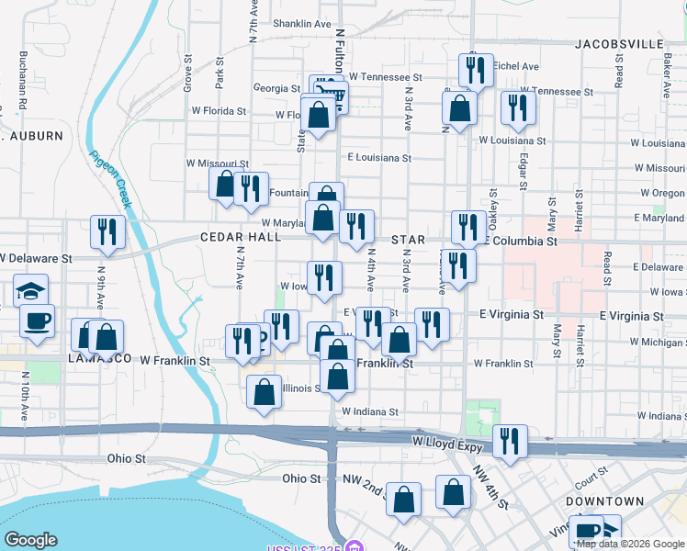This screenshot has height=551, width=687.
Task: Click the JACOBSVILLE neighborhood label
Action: coord(619,43)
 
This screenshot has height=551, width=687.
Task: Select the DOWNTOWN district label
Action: coord(604,501)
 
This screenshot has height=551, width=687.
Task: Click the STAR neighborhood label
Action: coord(408,240)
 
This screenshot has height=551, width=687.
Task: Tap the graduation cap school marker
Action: coord(31,292)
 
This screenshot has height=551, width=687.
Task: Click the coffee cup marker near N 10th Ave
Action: coord(37,321)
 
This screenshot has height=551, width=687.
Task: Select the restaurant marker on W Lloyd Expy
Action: coord(509,441)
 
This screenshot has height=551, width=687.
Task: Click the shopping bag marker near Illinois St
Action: coord(264,392)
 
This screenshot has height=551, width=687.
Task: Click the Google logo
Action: coord(30,540)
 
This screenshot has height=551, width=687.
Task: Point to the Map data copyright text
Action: coord(630,544)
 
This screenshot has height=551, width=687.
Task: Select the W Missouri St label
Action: coord(218,163)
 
